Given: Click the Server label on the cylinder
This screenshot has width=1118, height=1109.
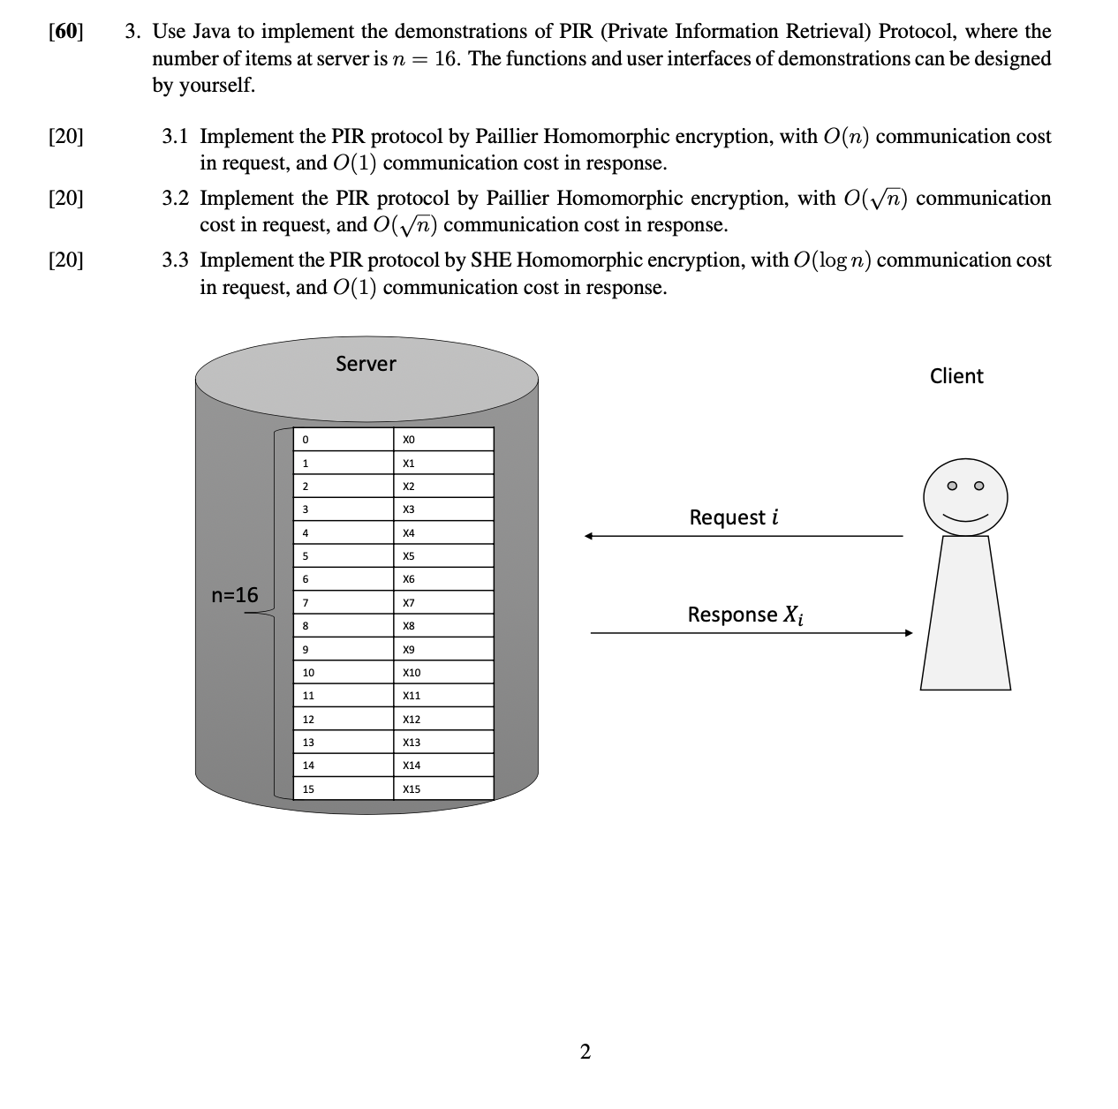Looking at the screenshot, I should coord(366,364).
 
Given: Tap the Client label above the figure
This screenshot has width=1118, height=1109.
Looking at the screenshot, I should coord(956,376).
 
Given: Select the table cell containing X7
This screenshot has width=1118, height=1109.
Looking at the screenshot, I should coord(443,602).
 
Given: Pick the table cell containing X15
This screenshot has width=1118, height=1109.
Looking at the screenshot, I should coord(443,788).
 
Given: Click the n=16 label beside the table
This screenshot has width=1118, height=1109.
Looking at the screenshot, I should coord(235,595).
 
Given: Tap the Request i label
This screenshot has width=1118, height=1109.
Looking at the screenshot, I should coord(734,517).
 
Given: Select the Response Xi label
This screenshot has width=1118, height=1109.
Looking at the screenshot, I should coord(745,615).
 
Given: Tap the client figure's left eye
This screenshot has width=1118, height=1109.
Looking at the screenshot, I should coord(951,486).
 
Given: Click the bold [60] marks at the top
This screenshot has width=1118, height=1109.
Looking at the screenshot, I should coord(66,32).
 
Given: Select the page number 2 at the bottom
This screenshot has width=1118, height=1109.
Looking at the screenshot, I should coord(585,1051).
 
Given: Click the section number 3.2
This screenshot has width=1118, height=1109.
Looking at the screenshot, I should coord(175,198).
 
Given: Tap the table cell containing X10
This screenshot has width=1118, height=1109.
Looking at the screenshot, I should coord(443,672).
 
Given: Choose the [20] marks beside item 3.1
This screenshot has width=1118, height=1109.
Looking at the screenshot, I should coord(66,136).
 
